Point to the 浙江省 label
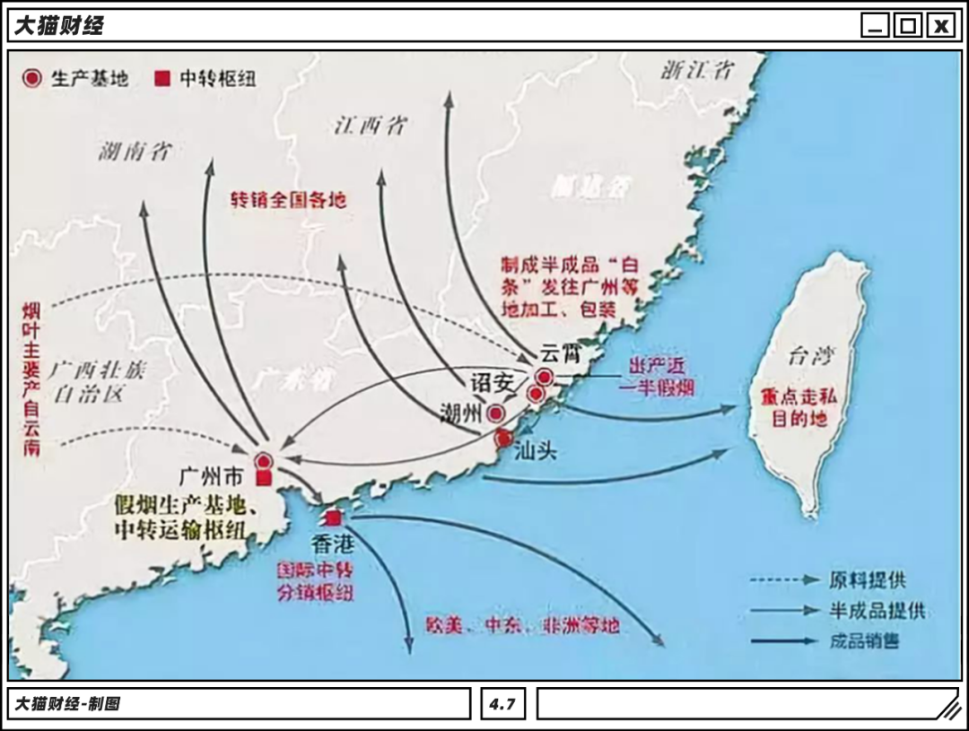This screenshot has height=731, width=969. tap(697, 71)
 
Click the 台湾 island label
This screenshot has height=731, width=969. tap(805, 357)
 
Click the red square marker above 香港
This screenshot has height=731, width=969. tap(334, 518)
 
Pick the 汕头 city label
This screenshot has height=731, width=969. tap(536, 451)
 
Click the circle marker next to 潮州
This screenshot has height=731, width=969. tap(494, 413)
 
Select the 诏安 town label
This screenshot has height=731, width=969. tap(493, 380)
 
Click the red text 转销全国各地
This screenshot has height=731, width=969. tap(288, 199)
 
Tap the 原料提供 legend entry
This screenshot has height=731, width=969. tap(867, 580)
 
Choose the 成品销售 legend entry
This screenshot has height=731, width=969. tap(865, 641)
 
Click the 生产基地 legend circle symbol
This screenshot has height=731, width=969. tap(32, 78)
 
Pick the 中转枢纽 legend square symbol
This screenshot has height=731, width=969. tap(161, 79)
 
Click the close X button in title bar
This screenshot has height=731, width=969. tap(940, 25)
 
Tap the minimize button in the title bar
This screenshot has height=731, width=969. tap(875, 25)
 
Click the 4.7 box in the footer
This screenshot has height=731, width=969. tap(502, 704)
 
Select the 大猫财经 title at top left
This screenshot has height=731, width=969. tap(58, 25)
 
